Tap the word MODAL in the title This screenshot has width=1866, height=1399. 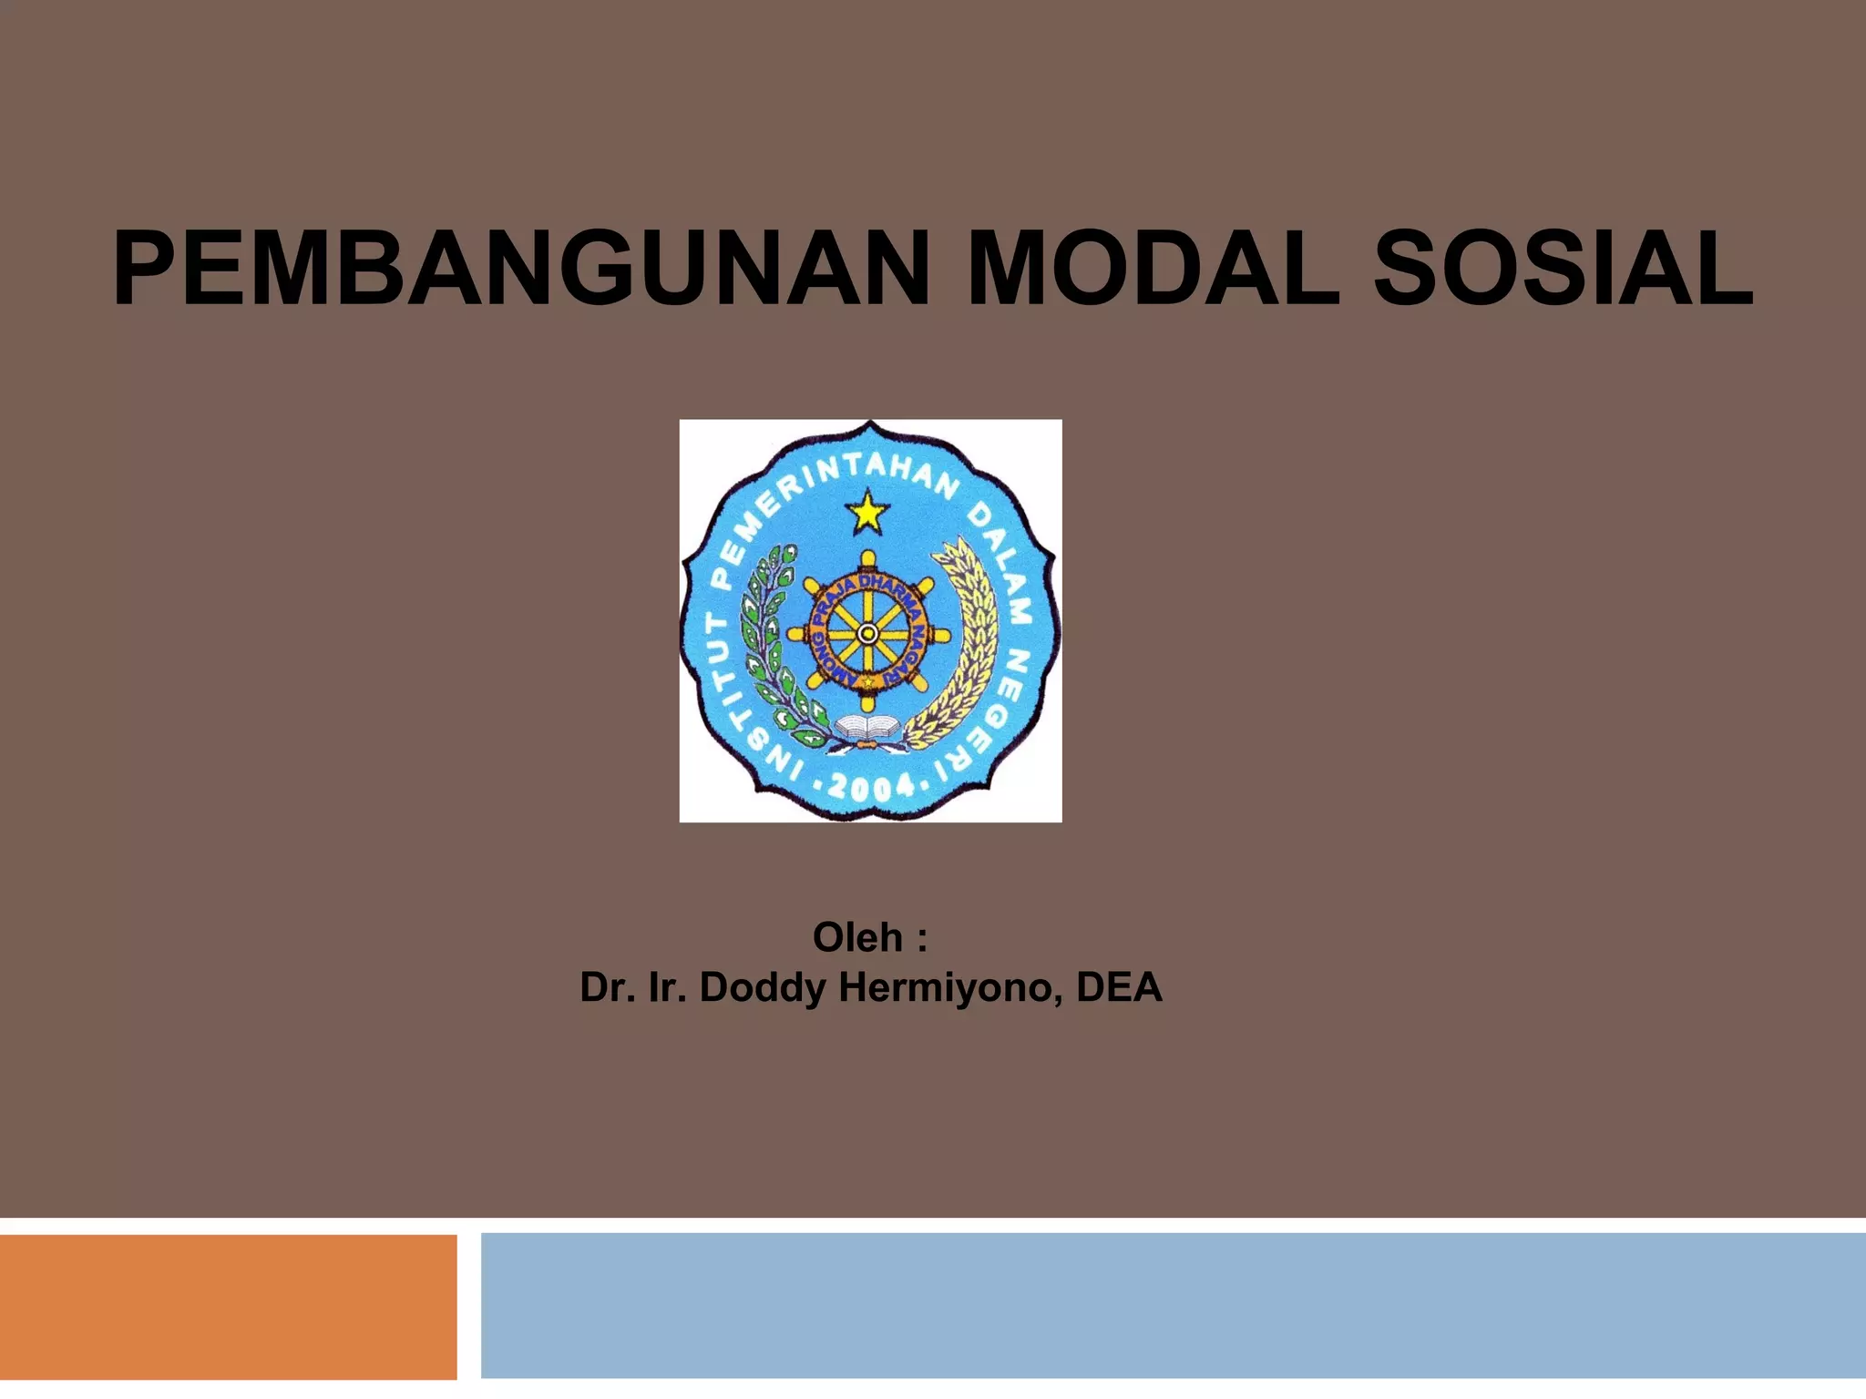[x=1153, y=271]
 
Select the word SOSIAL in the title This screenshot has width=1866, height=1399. [x=1562, y=271]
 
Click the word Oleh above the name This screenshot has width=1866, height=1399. [x=857, y=937]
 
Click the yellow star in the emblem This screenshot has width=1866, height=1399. [x=867, y=513]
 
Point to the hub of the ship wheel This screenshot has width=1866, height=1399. [x=867, y=632]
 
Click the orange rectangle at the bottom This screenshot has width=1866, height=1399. [x=228, y=1307]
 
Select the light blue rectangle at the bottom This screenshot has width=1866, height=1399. [x=1173, y=1305]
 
